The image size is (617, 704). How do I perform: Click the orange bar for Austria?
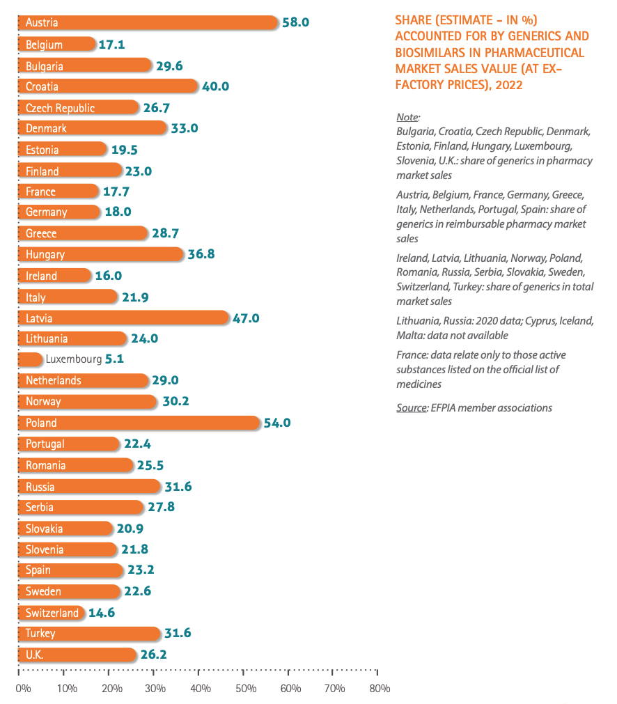pyautogui.click(x=148, y=22)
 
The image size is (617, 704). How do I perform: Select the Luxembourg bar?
pyautogui.click(x=31, y=359)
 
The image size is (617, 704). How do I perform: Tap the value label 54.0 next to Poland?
pyautogui.click(x=277, y=423)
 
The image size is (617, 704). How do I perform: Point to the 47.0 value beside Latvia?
pyautogui.click(x=246, y=318)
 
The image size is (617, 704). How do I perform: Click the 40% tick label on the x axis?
pyautogui.click(x=201, y=688)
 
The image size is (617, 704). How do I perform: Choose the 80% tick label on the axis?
pyautogui.click(x=380, y=688)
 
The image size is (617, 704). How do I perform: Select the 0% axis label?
pyautogui.click(x=24, y=688)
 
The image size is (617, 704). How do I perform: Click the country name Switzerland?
pyautogui.click(x=52, y=613)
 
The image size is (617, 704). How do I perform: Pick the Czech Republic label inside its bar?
pyautogui.click(x=60, y=108)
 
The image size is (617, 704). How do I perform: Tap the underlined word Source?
pyautogui.click(x=412, y=407)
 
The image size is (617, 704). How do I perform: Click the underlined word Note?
pyautogui.click(x=408, y=117)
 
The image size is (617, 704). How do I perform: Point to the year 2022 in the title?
pyautogui.click(x=509, y=85)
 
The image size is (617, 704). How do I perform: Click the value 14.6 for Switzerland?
pyautogui.click(x=102, y=613)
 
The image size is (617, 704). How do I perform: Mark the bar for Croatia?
pyautogui.click(x=108, y=86)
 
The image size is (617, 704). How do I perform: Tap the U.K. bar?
pyautogui.click(x=77, y=655)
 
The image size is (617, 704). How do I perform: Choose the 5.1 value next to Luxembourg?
pyautogui.click(x=114, y=359)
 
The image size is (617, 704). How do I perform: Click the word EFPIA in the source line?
pyautogui.click(x=443, y=407)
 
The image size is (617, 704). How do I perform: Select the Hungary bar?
pyautogui.click(x=101, y=254)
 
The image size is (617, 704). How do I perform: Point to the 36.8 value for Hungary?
pyautogui.click(x=201, y=254)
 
